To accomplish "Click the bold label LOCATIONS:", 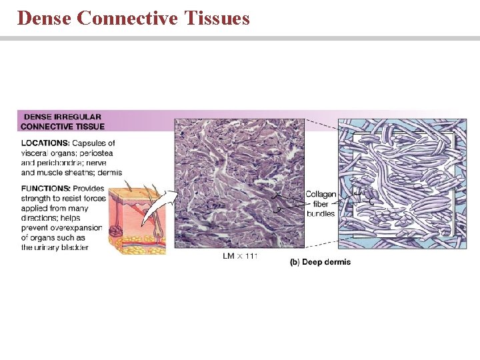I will [x=45, y=143].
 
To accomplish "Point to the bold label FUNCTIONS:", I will [x=45, y=189].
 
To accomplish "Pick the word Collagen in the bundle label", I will [x=321, y=195].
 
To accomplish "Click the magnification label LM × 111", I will [x=240, y=256].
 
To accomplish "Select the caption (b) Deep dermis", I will [x=320, y=262].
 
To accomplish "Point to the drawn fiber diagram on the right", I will [x=402, y=183].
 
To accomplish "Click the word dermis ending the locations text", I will [x=104, y=172].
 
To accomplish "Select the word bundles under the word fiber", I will [x=321, y=213].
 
